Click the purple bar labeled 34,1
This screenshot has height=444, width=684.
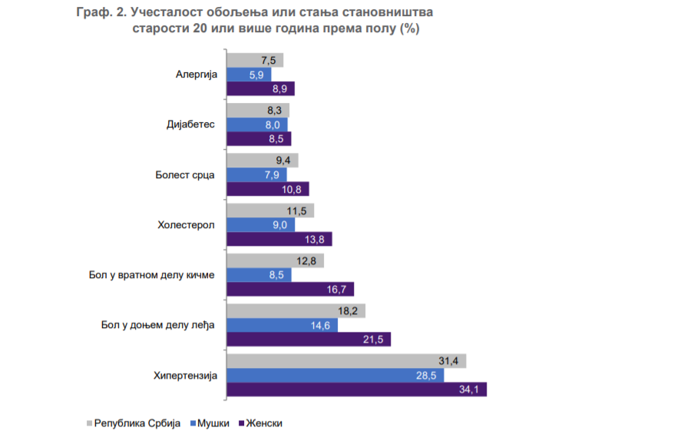(x=356, y=389)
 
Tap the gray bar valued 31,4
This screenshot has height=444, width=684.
(x=346, y=361)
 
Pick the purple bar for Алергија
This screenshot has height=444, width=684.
(x=260, y=88)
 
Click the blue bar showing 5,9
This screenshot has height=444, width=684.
(x=249, y=75)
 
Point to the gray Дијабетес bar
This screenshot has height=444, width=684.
(x=258, y=110)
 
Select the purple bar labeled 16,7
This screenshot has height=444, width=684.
(x=290, y=289)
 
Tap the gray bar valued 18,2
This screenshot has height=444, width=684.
(x=296, y=310)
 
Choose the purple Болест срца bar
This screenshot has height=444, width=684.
(x=267, y=188)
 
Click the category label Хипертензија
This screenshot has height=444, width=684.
(x=187, y=376)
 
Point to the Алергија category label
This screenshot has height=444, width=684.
(x=197, y=75)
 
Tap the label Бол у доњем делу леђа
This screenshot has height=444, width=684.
(x=157, y=325)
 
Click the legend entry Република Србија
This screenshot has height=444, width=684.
(x=136, y=423)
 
